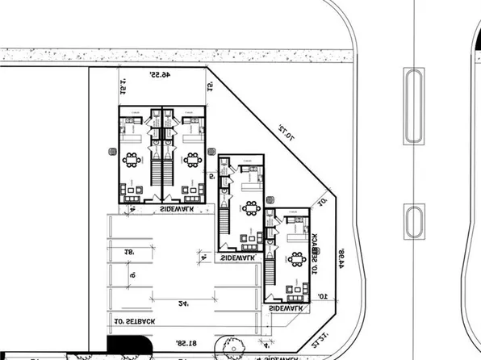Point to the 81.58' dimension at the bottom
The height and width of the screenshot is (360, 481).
[186, 344]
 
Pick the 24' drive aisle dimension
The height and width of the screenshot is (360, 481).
[185, 303]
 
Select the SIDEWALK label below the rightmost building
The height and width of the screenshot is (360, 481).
[287, 308]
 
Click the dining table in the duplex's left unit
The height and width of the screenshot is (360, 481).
[132, 159]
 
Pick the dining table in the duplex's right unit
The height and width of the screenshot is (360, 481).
[192, 159]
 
